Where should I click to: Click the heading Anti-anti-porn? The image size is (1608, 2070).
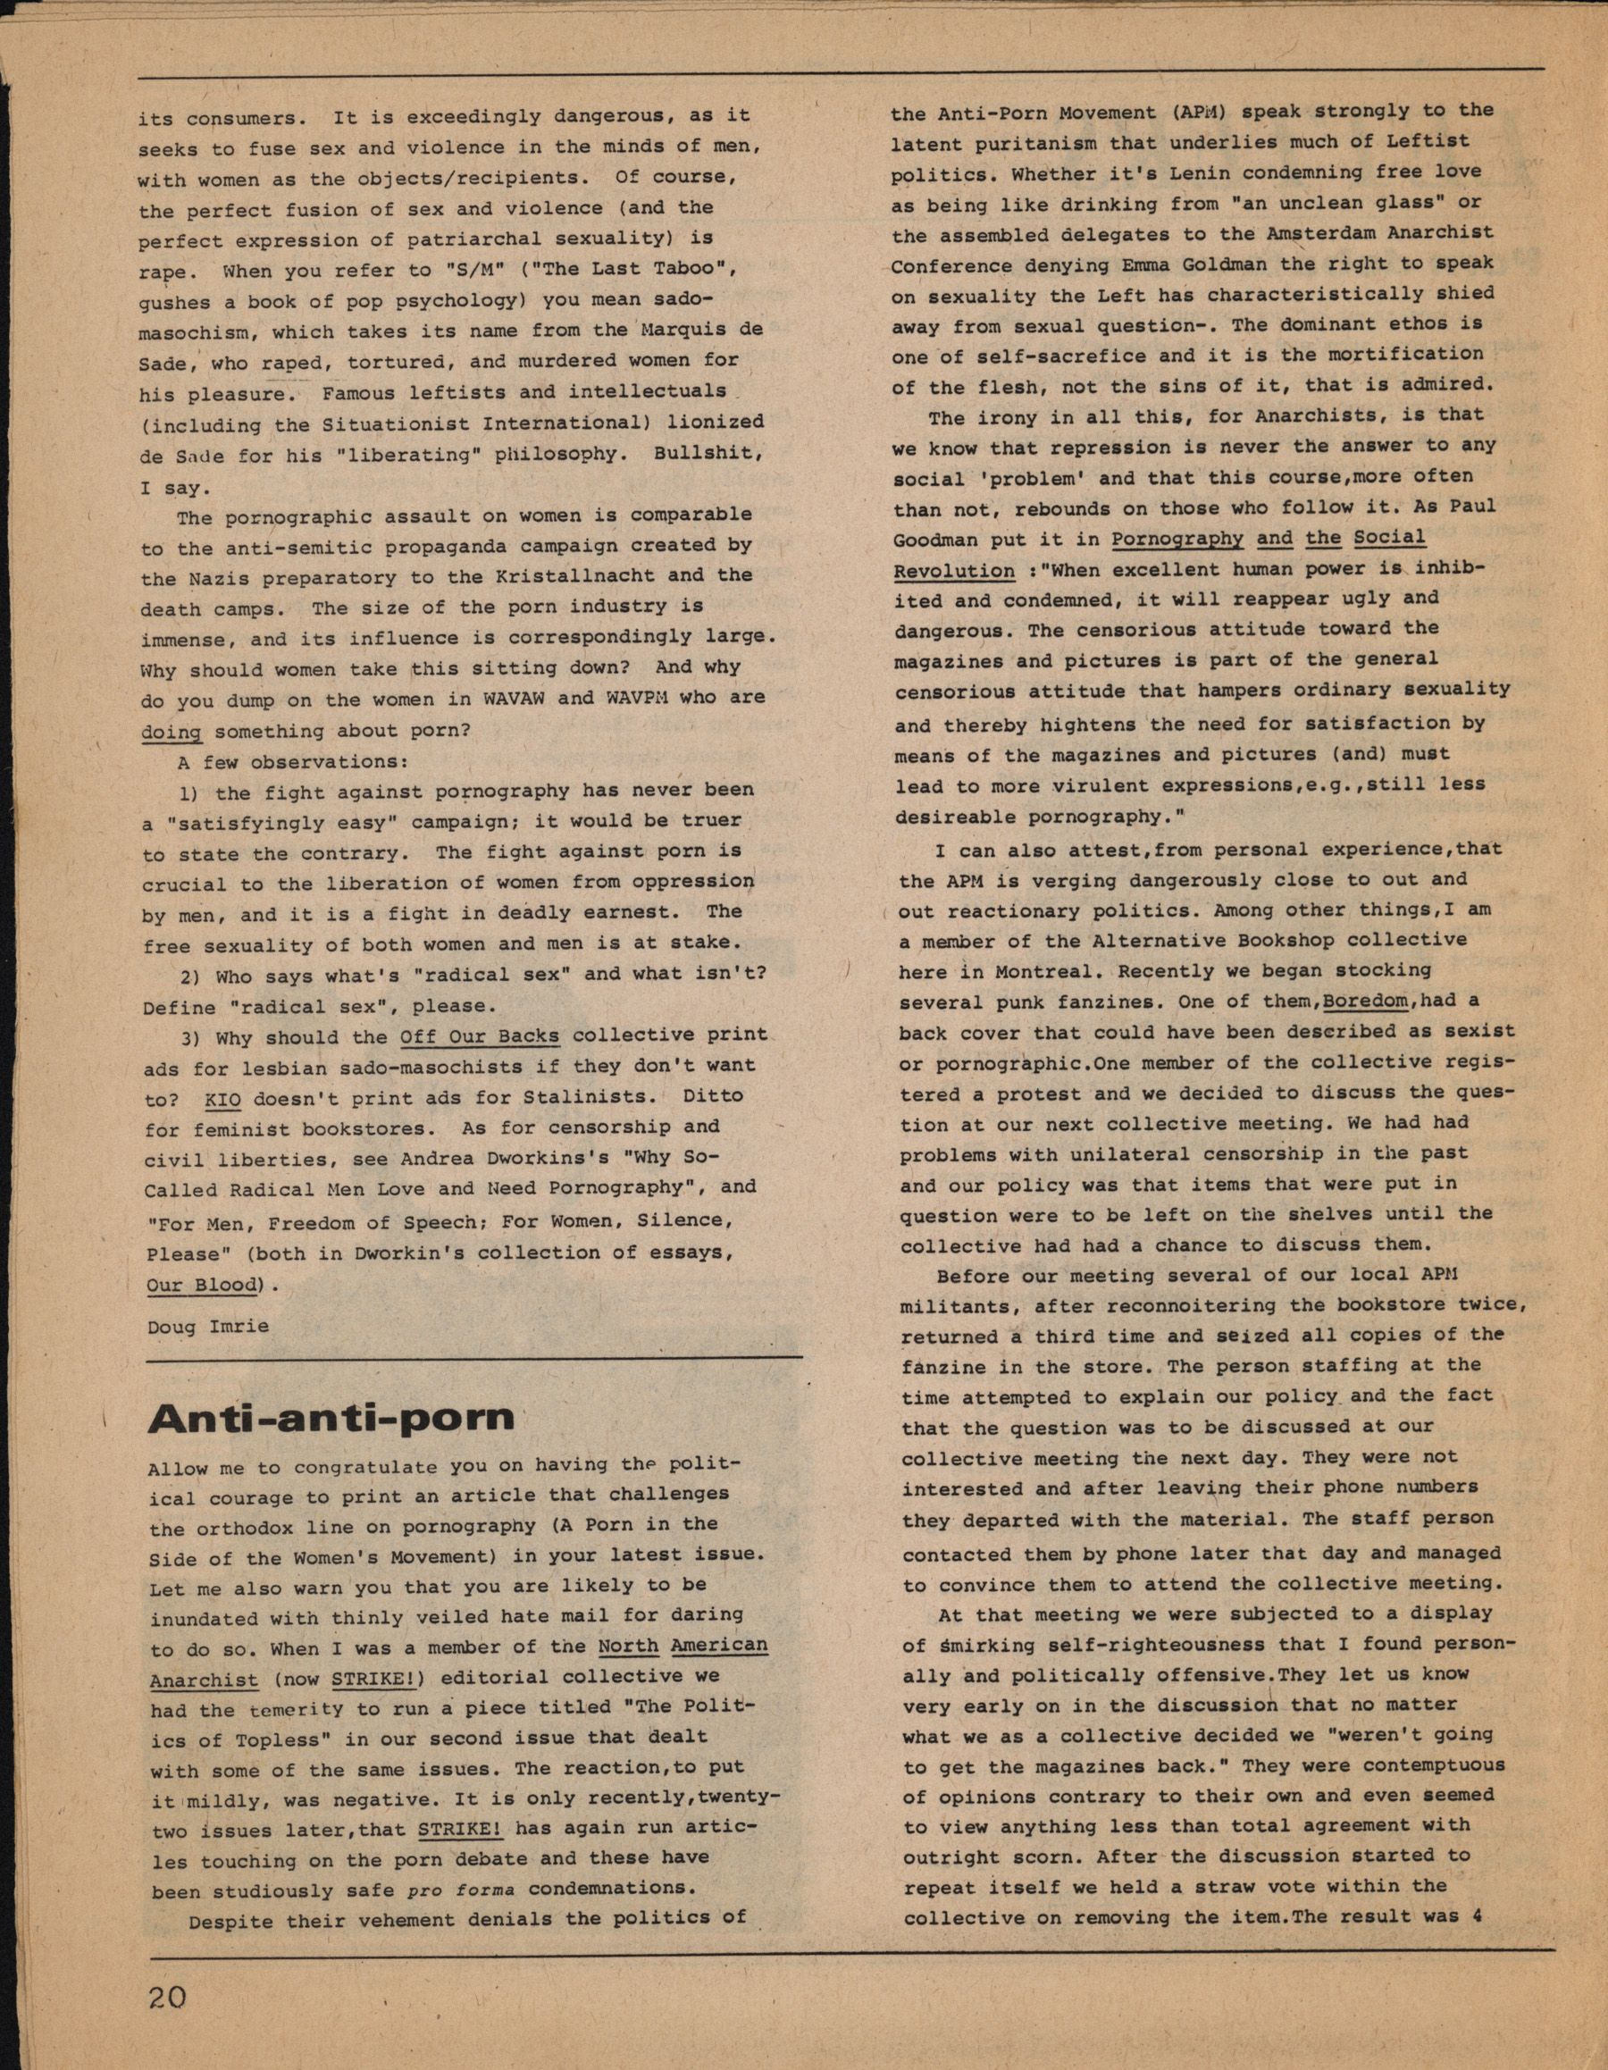click(x=331, y=1417)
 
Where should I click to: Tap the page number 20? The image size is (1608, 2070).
click(x=168, y=1998)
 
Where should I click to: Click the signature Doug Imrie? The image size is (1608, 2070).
click(x=207, y=1327)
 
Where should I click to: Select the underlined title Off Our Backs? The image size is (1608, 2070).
click(x=480, y=1036)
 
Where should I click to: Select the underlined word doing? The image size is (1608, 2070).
click(x=172, y=732)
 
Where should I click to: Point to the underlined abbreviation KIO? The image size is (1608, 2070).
click(x=222, y=1099)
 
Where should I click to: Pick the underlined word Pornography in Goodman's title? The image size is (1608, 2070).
click(x=1177, y=539)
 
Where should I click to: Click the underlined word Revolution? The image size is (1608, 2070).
click(x=941, y=571)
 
